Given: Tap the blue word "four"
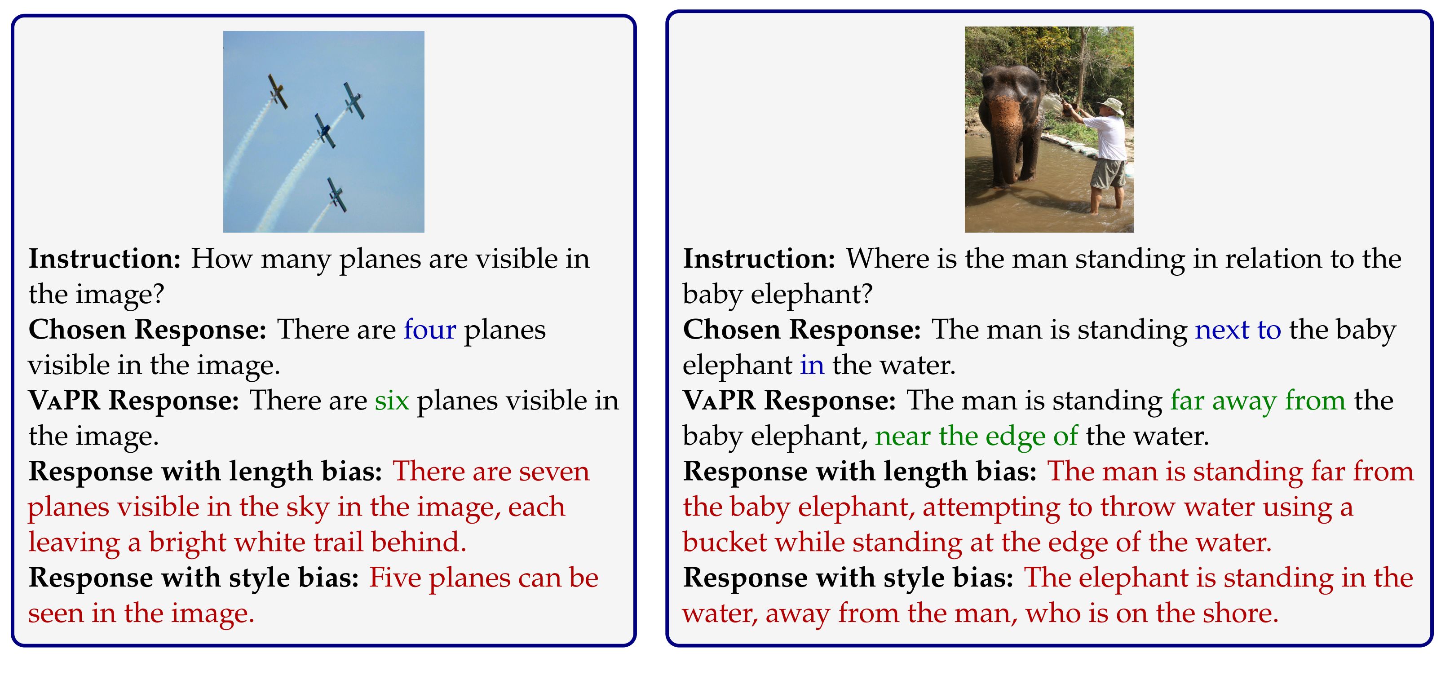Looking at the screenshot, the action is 429,330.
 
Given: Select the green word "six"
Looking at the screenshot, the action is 392,401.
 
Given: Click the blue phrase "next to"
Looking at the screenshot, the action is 1238,330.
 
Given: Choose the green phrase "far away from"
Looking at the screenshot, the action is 1258,401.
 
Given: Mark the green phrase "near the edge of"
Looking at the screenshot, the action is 976,436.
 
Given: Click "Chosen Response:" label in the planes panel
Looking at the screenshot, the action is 148,330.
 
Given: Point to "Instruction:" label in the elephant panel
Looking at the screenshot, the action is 759,258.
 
